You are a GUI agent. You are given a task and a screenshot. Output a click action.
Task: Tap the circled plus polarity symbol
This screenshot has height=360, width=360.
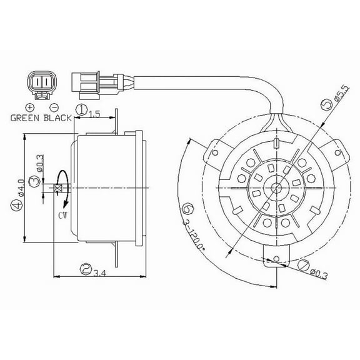click(29, 107)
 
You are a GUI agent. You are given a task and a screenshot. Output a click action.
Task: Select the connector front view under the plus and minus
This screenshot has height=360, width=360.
click(41, 84)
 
